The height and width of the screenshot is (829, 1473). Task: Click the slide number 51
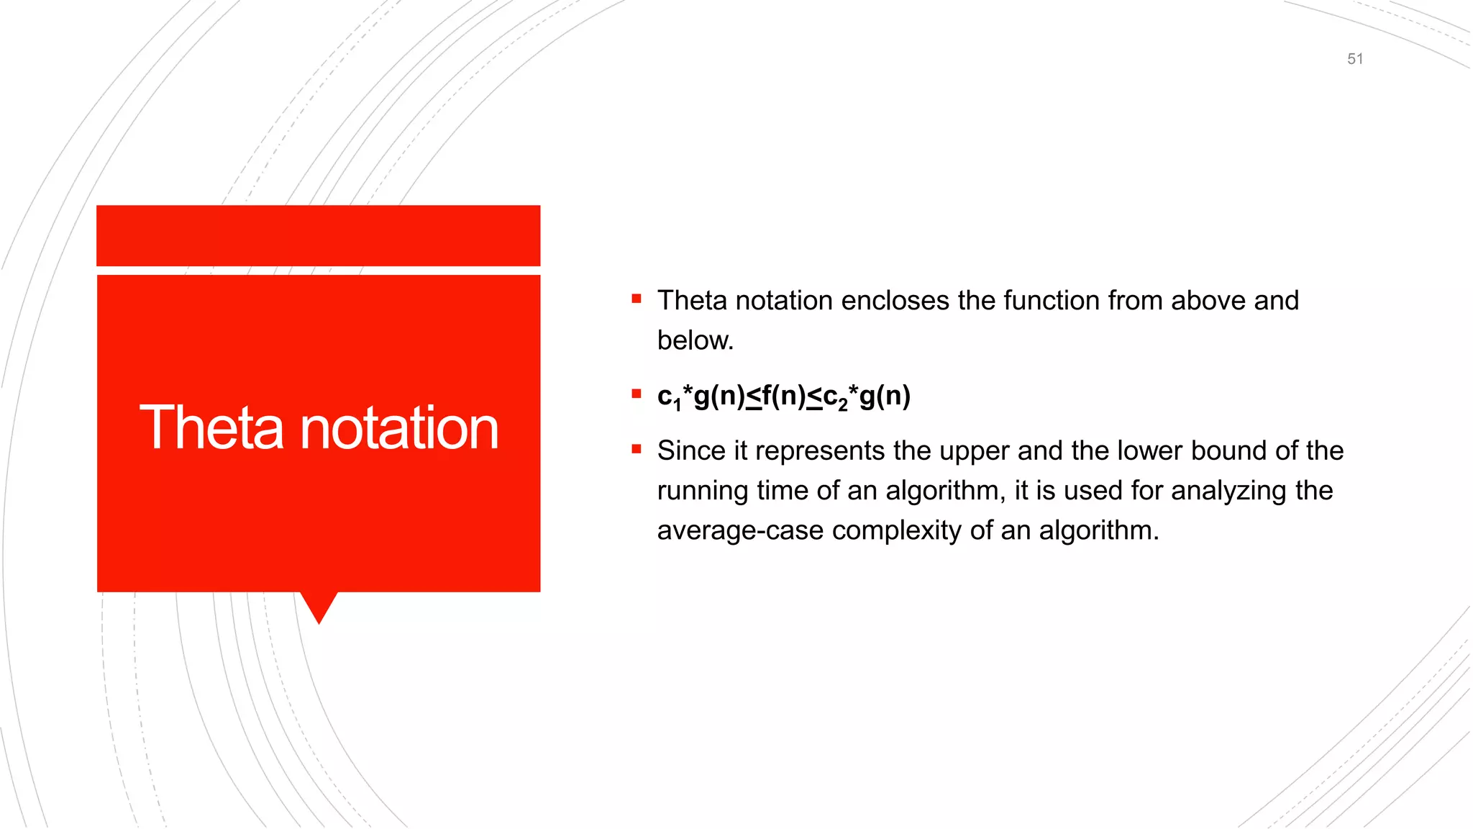(1355, 59)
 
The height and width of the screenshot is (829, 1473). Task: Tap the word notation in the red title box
(398, 428)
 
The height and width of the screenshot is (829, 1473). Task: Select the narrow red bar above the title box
(318, 235)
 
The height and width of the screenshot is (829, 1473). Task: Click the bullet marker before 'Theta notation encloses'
(637, 299)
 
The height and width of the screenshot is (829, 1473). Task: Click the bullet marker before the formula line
(637, 394)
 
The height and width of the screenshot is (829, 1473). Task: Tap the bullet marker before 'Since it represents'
(637, 449)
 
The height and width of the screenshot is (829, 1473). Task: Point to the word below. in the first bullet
(695, 340)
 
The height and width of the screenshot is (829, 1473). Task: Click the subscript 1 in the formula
(677, 406)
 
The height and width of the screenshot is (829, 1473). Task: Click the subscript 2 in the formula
(843, 406)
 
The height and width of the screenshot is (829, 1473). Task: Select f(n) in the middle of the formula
(783, 396)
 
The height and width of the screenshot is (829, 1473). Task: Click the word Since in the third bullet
(691, 451)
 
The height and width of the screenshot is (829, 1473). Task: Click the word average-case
(740, 531)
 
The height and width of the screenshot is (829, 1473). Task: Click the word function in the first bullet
(1051, 301)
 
